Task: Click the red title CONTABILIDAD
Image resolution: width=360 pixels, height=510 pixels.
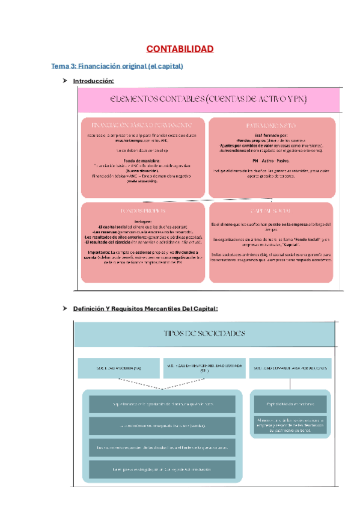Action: point(180,49)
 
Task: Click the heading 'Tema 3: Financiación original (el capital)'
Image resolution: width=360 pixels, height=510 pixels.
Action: point(117,66)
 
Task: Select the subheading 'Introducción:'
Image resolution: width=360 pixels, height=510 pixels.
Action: point(93,81)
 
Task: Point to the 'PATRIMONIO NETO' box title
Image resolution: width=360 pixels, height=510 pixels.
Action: point(271,126)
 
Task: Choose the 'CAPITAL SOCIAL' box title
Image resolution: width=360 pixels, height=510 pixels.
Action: point(270,211)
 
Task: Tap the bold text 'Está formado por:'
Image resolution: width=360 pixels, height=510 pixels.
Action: point(271,137)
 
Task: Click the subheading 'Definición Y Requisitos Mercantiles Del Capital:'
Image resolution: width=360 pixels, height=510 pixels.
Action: point(145,309)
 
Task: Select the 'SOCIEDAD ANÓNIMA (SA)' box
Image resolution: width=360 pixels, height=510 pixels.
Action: point(117,367)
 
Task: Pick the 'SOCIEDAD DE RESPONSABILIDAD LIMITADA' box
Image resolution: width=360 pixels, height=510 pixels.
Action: point(204,367)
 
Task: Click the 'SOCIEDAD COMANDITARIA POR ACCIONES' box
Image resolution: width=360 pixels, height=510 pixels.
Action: point(290,367)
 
